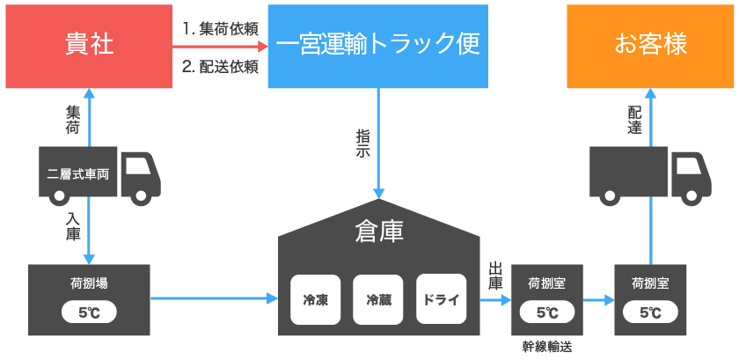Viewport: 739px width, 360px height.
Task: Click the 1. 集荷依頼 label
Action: tap(220, 29)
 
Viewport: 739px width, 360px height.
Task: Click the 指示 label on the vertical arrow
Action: tap(363, 143)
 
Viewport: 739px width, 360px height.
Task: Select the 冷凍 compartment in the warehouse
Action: tap(315, 299)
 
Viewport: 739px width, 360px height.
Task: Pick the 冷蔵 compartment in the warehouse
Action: tap(377, 299)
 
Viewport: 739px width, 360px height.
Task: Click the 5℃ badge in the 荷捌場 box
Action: tap(89, 312)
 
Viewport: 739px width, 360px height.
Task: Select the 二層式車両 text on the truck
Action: tap(78, 173)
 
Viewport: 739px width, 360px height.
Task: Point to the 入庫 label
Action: tap(72, 226)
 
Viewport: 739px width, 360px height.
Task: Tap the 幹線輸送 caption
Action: tap(546, 348)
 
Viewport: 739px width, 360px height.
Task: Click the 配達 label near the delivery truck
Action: tap(634, 121)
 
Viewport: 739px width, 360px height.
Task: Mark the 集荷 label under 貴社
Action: tap(72, 121)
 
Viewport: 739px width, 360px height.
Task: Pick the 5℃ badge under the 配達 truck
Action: tap(650, 312)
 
